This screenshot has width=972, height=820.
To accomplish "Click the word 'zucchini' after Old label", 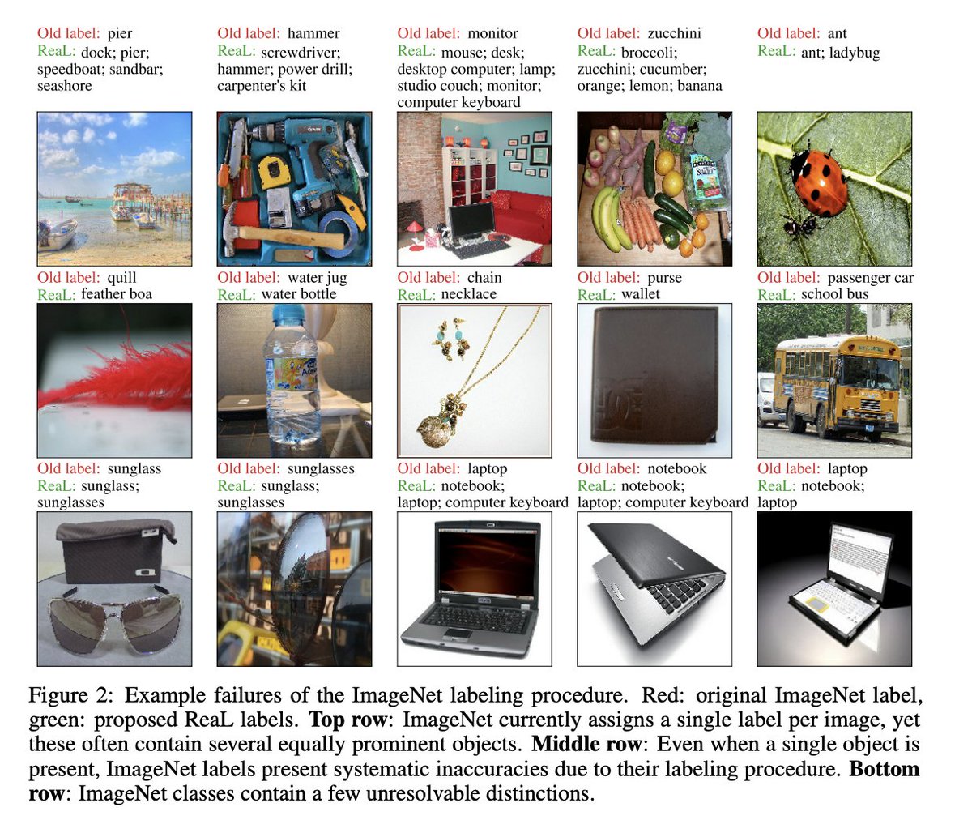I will coord(674,33).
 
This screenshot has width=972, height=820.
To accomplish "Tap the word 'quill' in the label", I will coord(122,278).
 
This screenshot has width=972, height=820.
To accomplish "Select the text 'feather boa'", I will coord(117,294).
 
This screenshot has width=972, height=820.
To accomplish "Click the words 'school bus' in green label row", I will coord(834,294).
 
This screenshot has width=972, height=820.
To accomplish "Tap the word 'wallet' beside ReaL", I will coord(641,294).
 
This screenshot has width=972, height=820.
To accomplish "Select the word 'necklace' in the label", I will coord(469,294).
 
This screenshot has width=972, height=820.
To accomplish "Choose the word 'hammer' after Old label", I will coord(313,33).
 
